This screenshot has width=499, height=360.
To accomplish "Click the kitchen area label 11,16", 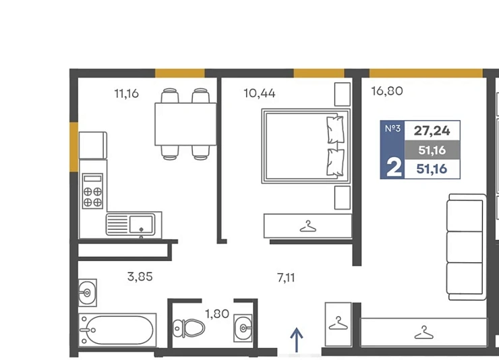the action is tap(126, 94).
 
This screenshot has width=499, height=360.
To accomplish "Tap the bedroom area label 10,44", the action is tap(260, 93).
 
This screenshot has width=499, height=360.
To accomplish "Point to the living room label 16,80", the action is tap(387, 91).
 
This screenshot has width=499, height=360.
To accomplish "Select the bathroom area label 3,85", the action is tap(140, 276).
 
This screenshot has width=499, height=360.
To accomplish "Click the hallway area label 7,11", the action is tap(286, 278).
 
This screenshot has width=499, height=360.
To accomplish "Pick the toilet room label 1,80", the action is tap(217, 314).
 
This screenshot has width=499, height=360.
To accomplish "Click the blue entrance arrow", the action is tap(297, 340).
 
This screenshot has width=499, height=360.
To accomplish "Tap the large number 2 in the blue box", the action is tap(394, 168).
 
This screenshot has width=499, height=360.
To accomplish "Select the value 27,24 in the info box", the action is tap(432, 131).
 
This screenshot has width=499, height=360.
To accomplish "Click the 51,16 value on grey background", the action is tap(432, 150).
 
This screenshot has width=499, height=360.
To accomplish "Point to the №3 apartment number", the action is tap(392, 129).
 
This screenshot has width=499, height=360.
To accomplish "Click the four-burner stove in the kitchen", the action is tap(92, 191).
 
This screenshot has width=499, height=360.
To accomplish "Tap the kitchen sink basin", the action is tap(141, 224).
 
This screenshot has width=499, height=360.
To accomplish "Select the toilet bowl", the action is tap(189, 328).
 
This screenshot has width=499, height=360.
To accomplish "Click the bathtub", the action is tap(117, 330).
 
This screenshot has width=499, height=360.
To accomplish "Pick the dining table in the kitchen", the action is tap(185, 124).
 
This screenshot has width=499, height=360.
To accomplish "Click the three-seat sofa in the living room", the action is tap(467, 247).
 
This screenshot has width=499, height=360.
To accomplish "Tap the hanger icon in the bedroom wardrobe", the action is tap(307, 226).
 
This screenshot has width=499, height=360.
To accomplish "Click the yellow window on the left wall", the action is tap(74, 147).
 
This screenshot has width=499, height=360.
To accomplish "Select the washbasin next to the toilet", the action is tap(243, 328).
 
